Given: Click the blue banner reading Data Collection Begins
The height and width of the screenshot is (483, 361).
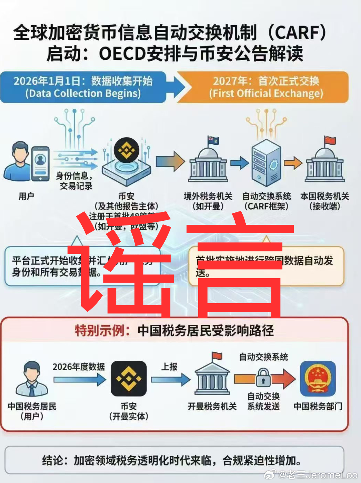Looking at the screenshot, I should point(84,87).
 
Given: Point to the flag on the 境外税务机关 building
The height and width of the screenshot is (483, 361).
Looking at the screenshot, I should point(213,140).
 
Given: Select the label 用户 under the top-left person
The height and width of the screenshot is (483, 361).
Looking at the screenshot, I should point(26,196).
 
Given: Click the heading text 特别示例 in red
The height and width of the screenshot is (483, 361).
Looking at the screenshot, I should point(102,331).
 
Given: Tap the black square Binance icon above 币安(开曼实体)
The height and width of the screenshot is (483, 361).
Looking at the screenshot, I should point(129,378).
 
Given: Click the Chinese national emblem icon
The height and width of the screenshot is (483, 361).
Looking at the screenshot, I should point(318,378).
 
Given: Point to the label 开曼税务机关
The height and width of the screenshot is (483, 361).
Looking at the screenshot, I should point(212,406).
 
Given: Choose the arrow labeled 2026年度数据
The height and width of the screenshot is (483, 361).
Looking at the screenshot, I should point(80,379).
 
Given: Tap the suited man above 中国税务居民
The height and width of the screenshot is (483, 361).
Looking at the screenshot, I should point(32,379).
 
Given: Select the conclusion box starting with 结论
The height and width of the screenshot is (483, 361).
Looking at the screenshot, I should point(174,460).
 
